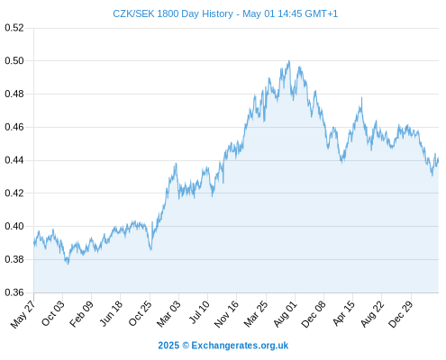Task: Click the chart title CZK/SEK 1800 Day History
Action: coord(173,13)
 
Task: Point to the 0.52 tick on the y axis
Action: coord(14,28)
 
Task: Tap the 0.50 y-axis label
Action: coord(14,61)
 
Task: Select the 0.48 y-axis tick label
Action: coord(14,94)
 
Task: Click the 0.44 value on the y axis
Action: coord(14,160)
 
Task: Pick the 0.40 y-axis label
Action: coord(14,226)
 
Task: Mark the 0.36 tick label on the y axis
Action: coord(14,292)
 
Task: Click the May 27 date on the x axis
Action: coord(23,314)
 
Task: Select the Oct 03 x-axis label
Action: coord(53,313)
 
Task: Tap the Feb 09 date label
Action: coord(81,314)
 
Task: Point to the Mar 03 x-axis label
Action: coord(168,314)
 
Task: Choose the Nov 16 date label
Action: coord(226,314)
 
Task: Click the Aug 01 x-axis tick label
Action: coord(286,314)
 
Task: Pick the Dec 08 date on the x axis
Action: coord(314,314)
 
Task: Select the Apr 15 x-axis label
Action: coord(344,313)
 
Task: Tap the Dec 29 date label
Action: coord(401,314)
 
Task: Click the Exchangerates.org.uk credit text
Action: coord(240,346)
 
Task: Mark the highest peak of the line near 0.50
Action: coord(289,61)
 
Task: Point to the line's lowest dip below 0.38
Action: coord(68,264)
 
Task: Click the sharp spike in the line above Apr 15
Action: coord(361,98)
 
